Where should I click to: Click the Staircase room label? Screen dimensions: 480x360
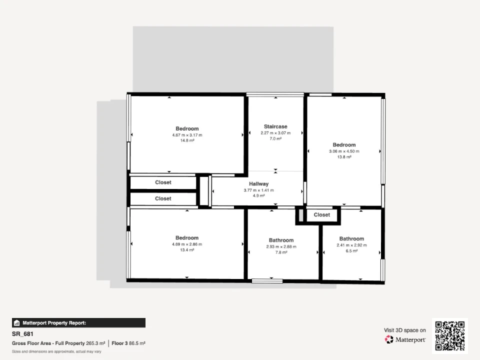pos(275,126)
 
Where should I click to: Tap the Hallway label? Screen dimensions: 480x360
pos(258,183)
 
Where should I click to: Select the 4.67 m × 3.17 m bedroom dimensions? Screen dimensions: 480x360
pos(187,135)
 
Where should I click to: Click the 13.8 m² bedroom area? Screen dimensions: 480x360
pos(344,156)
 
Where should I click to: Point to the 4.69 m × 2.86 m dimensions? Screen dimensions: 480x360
pos(187,244)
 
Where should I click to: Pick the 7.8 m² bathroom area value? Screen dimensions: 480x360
pos(281,252)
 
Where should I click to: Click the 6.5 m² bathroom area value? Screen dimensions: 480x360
pos(351,250)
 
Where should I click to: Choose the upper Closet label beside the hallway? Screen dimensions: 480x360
pos(163,182)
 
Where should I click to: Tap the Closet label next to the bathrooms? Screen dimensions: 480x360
pos(321,215)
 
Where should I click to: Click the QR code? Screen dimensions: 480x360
pos(449,336)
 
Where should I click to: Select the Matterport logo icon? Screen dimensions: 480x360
pos(389,339)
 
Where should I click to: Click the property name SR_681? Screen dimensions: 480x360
pos(22,334)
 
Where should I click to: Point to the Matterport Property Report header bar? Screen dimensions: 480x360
pos(78,323)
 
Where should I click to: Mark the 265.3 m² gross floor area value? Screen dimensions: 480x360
pos(95,343)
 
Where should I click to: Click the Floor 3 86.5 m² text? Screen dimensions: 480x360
pos(128,343)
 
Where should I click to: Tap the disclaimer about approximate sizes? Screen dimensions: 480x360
pos(56,351)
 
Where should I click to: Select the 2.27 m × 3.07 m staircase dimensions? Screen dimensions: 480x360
pos(275,133)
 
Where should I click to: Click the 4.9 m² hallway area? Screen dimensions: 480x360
pos(258,195)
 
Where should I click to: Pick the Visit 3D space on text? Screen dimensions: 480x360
pos(404,330)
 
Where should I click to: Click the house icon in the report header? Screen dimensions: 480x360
pos(17,323)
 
